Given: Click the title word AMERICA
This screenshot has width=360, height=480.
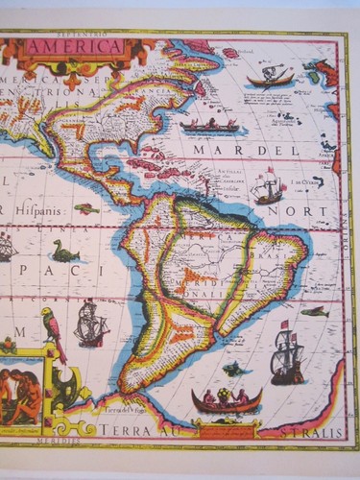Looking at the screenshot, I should [75, 46].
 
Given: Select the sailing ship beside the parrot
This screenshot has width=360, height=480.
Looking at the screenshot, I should [90, 324].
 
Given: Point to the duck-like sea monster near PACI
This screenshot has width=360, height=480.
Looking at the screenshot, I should [64, 252].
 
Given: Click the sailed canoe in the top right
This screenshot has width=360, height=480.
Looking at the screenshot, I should [270, 77].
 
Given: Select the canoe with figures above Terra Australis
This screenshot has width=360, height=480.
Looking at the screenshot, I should [227, 399].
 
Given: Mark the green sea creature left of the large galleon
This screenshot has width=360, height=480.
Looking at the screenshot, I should [234, 369].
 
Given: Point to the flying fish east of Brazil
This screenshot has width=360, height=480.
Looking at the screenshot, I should [314, 311].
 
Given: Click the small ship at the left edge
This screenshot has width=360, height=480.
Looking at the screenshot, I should [7, 248].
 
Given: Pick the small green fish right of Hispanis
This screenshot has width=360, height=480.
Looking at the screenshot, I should [87, 207].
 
